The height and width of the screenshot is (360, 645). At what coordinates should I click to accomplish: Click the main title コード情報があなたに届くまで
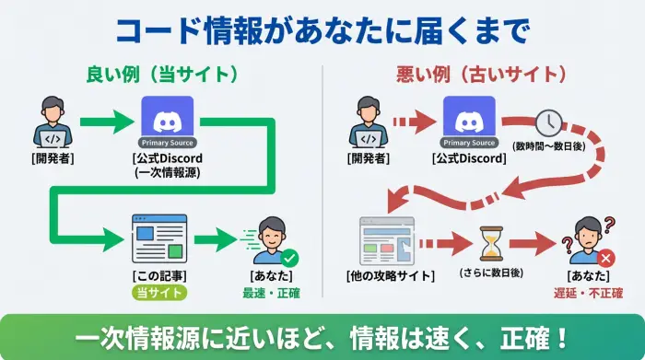click(322, 29)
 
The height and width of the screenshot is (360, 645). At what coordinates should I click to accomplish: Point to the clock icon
click(549, 122)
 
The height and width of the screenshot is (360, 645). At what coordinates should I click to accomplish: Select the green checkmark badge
click(290, 259)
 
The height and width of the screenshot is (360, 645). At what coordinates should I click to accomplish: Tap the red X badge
click(605, 259)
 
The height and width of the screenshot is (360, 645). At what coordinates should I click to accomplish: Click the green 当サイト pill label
click(158, 293)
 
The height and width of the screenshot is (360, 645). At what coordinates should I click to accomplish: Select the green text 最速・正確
click(271, 294)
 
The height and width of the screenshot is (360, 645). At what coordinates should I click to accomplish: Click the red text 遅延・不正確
click(588, 294)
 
